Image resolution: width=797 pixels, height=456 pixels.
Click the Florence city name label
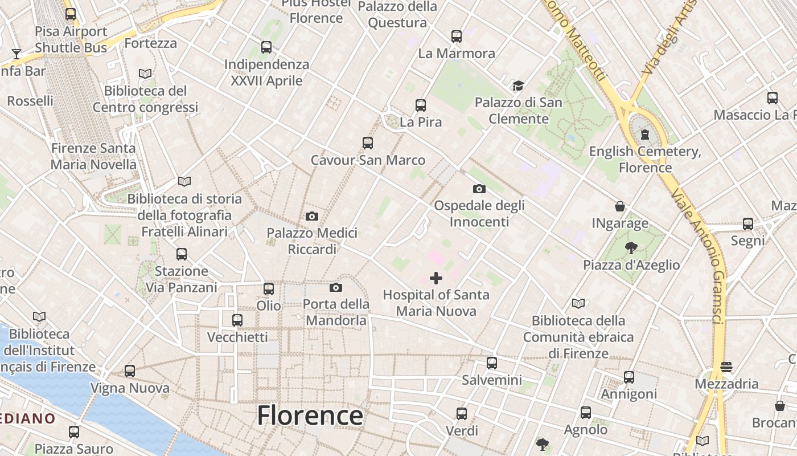pyautogui.click(x=310, y=416)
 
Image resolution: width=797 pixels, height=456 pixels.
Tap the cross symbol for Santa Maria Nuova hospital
pyautogui.click(x=436, y=278)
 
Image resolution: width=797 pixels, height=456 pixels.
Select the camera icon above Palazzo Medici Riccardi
pyautogui.click(x=312, y=216)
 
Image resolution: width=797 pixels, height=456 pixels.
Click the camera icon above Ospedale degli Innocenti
pyautogui.click(x=479, y=189)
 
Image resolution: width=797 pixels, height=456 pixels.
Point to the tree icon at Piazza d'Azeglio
pyautogui.click(x=631, y=248)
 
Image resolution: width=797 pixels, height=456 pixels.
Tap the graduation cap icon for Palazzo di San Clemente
pyautogui.click(x=518, y=86)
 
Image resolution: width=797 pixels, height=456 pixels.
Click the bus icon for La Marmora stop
pyautogui.click(x=457, y=36)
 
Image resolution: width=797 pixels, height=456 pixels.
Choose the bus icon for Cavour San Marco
pyautogui.click(x=368, y=143)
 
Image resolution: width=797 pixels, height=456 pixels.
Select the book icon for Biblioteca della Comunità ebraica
pyautogui.click(x=578, y=303)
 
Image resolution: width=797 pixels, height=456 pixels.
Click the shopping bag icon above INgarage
pyautogui.click(x=620, y=206)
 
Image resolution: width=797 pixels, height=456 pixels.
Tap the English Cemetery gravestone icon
pyautogui.click(x=644, y=135)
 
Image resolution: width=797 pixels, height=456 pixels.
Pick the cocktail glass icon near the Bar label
pyautogui.click(x=17, y=54)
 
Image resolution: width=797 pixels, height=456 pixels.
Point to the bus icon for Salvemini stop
pyautogui.click(x=492, y=363)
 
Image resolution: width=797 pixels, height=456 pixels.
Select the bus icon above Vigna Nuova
pyautogui.click(x=130, y=371)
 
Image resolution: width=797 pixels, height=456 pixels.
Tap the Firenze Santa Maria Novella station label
pyautogui.click(x=93, y=157)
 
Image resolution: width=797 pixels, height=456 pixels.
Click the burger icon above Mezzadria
pyautogui.click(x=726, y=367)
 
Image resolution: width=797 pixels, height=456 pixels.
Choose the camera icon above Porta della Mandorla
pyautogui.click(x=336, y=287)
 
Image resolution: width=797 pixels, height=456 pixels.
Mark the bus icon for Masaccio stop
pyautogui.click(x=773, y=98)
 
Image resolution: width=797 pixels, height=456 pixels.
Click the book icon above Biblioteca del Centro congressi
pyautogui.click(x=145, y=74)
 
